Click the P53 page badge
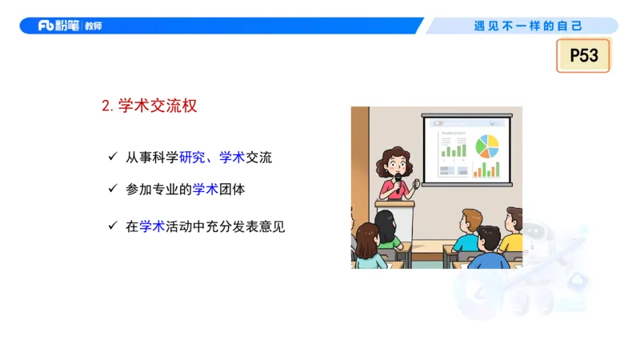(583, 55)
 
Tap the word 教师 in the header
(93, 26)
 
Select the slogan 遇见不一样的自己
(528, 26)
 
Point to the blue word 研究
(192, 158)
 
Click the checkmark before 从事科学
(113, 157)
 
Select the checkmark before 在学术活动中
(113, 226)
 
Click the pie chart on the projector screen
(486, 146)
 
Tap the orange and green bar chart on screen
(486, 169)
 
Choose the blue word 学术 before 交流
(232, 158)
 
